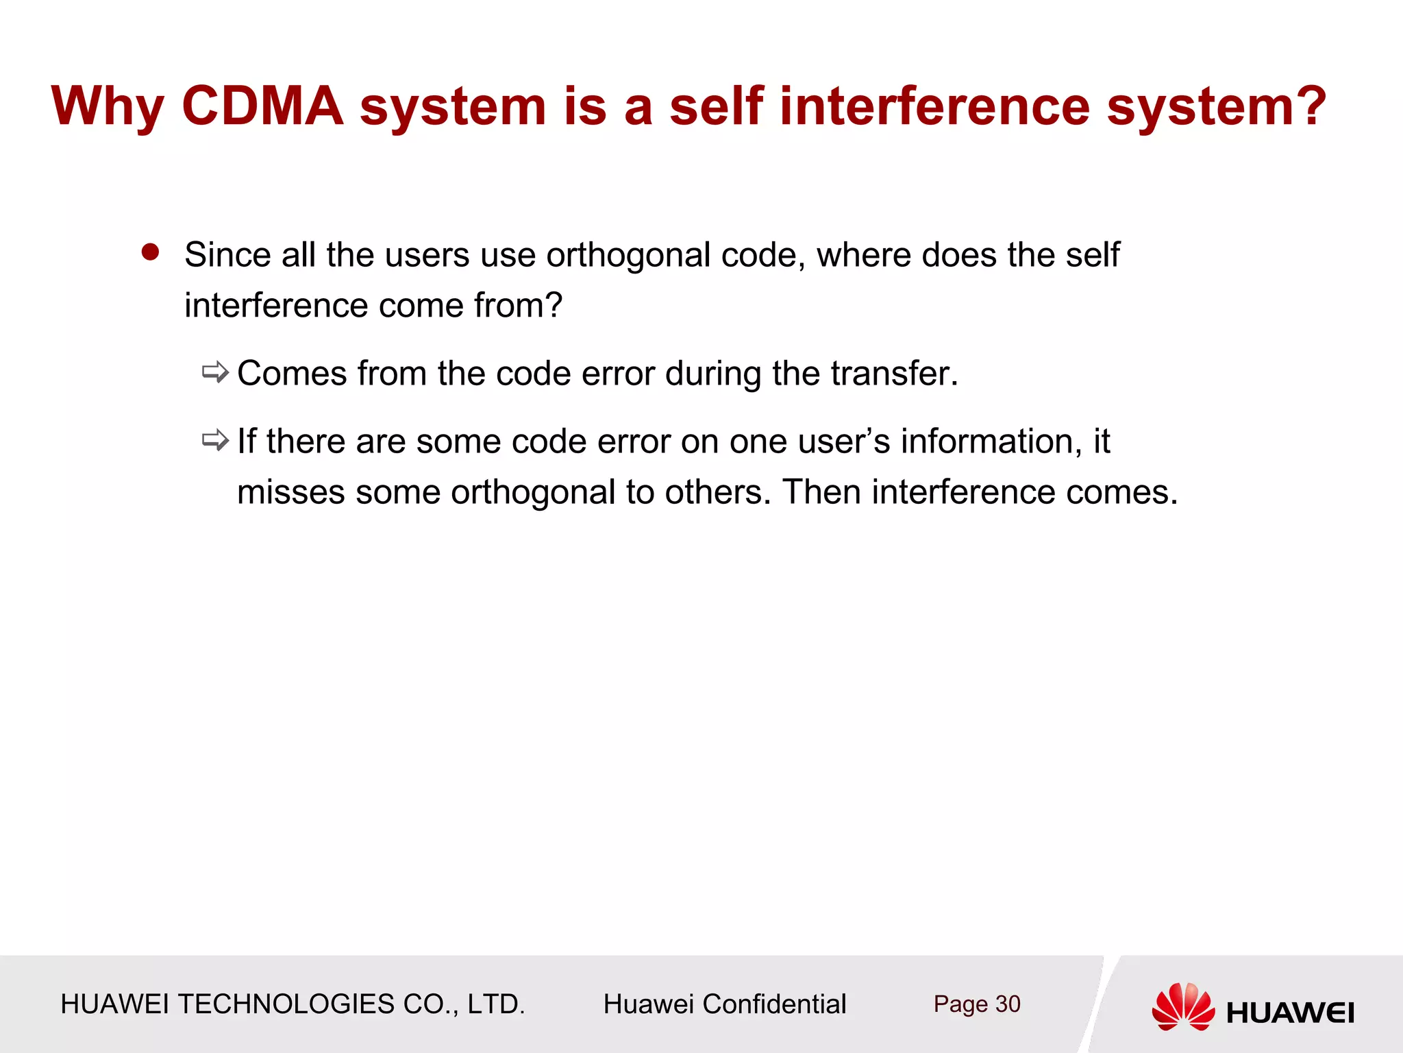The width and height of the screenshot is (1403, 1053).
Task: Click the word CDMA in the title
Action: [x=262, y=106]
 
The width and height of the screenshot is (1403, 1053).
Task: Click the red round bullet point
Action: [x=150, y=252]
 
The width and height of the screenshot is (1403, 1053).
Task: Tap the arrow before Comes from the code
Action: [x=215, y=372]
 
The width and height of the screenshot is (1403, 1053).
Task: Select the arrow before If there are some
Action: [x=215, y=440]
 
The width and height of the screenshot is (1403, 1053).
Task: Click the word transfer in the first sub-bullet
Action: [x=893, y=374]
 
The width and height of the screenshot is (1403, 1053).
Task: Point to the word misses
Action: [x=290, y=492]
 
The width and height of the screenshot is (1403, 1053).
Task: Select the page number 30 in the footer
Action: [x=1007, y=1004]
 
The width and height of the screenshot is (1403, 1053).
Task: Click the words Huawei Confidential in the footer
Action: [x=724, y=1004]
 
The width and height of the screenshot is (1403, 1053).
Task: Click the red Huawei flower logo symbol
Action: [x=1183, y=1006]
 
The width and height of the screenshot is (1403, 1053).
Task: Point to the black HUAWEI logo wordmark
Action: [x=1290, y=1013]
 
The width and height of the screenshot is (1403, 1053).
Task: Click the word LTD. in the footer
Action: [x=496, y=1004]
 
